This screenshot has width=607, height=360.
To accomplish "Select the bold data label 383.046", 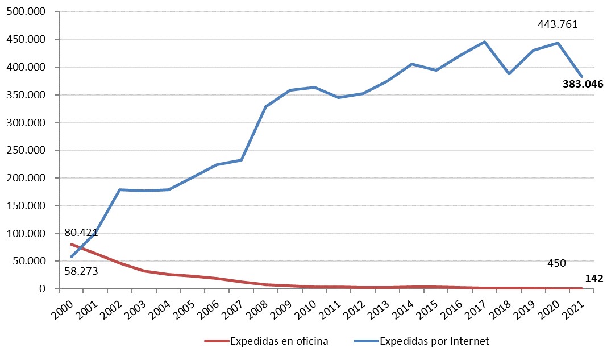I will tap(582, 84).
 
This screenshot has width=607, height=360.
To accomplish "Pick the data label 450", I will tap(556, 263).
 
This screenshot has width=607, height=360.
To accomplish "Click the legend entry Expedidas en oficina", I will tap(279, 341).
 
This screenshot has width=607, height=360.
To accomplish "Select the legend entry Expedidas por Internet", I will tap(434, 341).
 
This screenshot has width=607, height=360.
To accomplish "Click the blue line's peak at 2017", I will tap(484, 42).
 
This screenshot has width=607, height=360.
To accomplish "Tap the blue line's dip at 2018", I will tap(509, 73).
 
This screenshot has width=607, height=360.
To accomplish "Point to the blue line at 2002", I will tap(120, 189).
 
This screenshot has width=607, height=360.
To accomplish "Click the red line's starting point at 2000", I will tap(71, 244).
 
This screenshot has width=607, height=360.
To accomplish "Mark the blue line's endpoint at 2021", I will tap(581, 76).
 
